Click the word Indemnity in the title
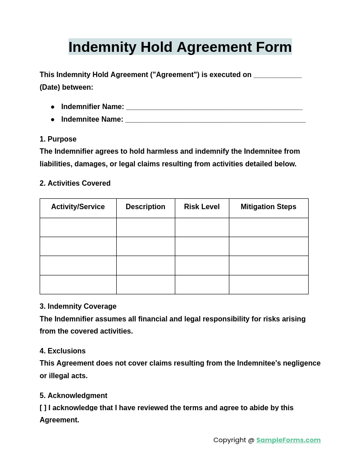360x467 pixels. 102,47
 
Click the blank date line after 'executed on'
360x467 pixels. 277,76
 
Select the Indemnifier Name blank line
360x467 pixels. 214,108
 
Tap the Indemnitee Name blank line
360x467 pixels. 215,120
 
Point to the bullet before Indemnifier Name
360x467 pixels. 53,107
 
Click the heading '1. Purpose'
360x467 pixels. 58,139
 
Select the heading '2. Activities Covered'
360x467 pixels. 75,183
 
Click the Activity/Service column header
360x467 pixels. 78,207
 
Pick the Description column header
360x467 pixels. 146,207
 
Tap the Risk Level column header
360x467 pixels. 202,207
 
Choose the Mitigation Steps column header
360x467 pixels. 269,207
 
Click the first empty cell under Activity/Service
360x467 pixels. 78,228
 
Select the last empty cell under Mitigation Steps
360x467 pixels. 269,285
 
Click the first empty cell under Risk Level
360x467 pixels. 202,228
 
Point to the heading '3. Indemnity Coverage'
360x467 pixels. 78,307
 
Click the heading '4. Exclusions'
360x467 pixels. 63,351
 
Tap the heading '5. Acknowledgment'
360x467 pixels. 73,396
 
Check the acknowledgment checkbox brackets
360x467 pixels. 43,408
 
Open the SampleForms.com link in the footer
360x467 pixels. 288,440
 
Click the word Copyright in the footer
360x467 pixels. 230,440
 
